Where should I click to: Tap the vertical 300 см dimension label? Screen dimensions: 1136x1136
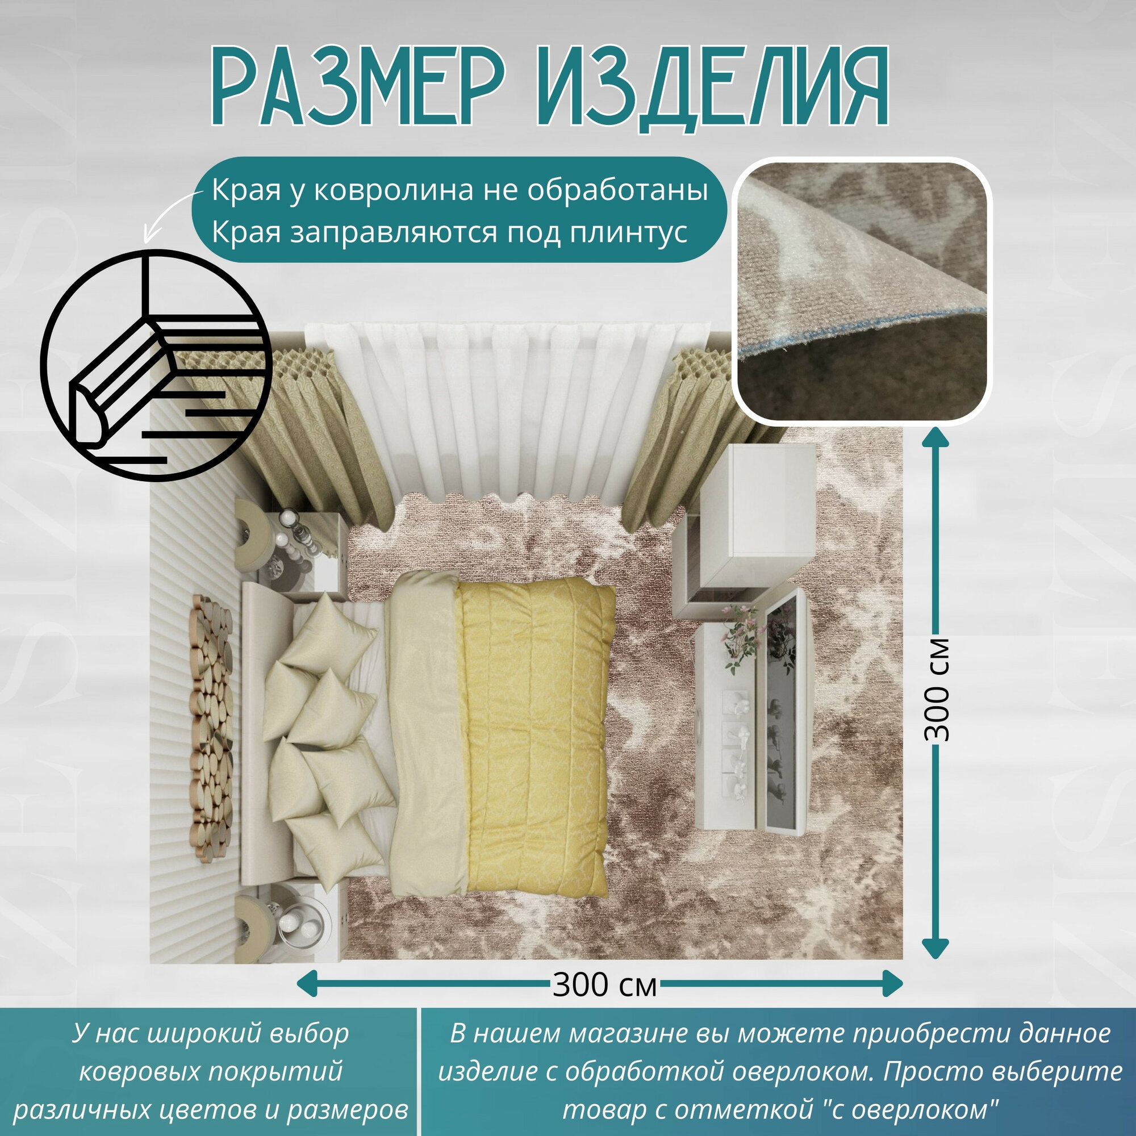coord(937,689)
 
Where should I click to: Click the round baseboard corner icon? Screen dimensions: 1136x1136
coord(156,365)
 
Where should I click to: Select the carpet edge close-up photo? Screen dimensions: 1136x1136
coord(862,290)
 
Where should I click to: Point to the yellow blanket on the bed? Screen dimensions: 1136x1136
coord(535,729)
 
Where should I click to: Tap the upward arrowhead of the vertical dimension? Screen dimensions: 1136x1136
coord(935,438)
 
